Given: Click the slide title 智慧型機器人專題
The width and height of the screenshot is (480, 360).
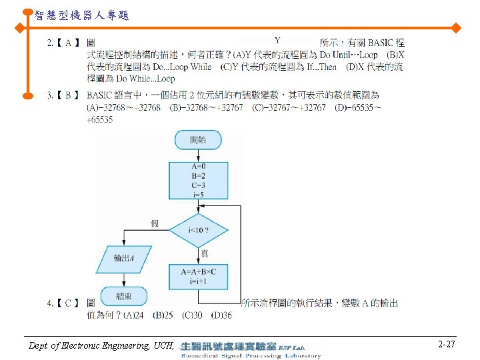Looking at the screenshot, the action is pyautogui.click(x=81, y=15).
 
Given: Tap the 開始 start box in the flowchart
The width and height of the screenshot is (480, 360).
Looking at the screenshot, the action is pyautogui.click(x=198, y=141).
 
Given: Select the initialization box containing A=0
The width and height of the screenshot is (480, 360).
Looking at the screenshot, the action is pyautogui.click(x=198, y=181).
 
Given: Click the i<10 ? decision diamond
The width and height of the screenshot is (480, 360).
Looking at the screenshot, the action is pyautogui.click(x=199, y=230).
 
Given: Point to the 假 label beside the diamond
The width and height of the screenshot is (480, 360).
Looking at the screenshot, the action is pyautogui.click(x=155, y=223).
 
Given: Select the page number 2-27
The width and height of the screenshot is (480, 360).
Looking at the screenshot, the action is pyautogui.click(x=447, y=345).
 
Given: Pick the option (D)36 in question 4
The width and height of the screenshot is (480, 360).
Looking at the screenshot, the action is pyautogui.click(x=221, y=315).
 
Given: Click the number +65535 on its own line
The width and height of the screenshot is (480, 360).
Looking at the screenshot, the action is pyautogui.click(x=100, y=120).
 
